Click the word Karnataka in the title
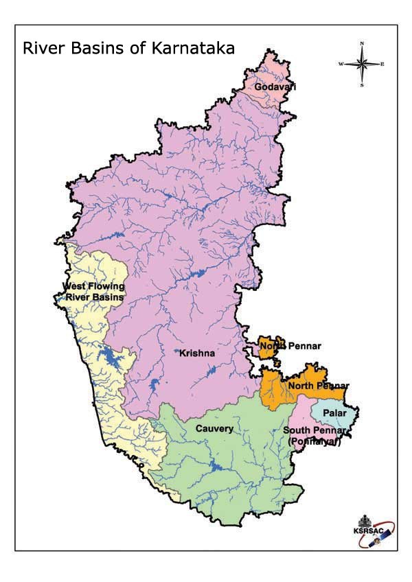[x=192, y=49]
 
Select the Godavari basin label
[x=270, y=88]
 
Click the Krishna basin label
[x=197, y=353]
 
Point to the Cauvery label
[x=214, y=429]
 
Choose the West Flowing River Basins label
[x=93, y=292]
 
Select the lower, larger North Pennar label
[x=319, y=386]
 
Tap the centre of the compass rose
[x=362, y=64]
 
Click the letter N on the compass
[x=362, y=43]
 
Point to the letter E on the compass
[x=382, y=64]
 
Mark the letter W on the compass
[x=341, y=64]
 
